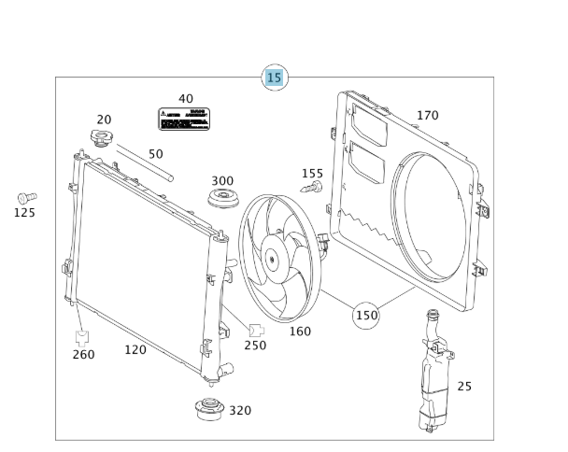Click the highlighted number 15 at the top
(x=274, y=78)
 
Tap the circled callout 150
(x=366, y=316)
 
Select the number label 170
(x=427, y=116)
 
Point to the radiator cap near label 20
(x=101, y=140)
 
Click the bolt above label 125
(x=26, y=197)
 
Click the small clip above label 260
(x=82, y=335)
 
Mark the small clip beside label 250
(x=256, y=329)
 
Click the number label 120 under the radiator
(x=135, y=350)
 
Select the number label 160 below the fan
(x=299, y=331)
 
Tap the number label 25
(x=464, y=386)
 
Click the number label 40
(x=186, y=98)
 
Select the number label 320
(x=240, y=410)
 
